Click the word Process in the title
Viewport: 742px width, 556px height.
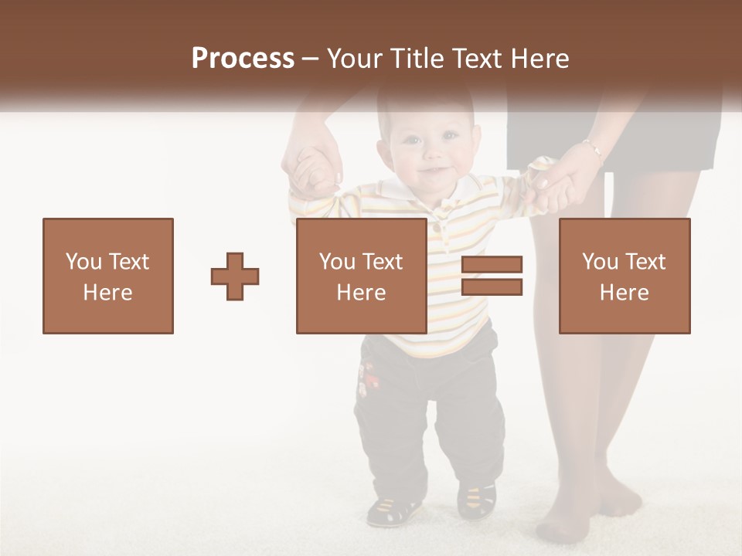pyautogui.click(x=243, y=58)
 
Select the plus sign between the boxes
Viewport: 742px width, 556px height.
pyautogui.click(x=235, y=276)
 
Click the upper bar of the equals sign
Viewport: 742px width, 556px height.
pyautogui.click(x=492, y=265)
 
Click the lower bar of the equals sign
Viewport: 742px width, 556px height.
pyautogui.click(x=492, y=287)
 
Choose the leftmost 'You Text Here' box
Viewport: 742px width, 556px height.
pyautogui.click(x=108, y=276)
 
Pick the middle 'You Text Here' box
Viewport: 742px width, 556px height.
pyautogui.click(x=362, y=276)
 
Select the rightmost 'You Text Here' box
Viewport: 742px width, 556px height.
pyautogui.click(x=625, y=276)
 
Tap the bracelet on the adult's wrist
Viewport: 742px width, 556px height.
pyautogui.click(x=593, y=147)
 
